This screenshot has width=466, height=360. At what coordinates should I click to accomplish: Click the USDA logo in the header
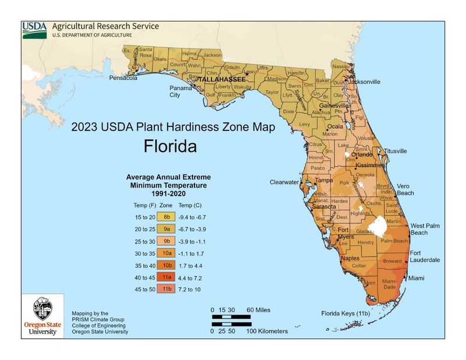(34, 30)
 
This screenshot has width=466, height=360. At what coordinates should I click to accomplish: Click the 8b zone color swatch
(166, 217)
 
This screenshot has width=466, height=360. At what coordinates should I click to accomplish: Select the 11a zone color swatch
(166, 277)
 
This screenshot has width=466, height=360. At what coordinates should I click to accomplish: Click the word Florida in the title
(170, 146)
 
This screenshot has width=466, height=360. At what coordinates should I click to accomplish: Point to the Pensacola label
(123, 77)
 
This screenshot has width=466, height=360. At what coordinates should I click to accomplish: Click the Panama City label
(175, 91)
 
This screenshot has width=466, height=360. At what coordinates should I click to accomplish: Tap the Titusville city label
(395, 151)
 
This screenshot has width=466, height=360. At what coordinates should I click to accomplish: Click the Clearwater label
(284, 182)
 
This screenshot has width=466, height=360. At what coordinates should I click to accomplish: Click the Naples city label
(350, 258)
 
